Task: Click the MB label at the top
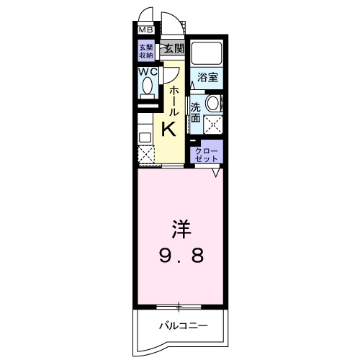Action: coord(145,30)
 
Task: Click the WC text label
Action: coord(147,72)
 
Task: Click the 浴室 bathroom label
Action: coord(208,77)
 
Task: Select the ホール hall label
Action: coord(173,101)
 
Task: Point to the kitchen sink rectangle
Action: coord(145,133)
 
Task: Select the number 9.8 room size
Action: coord(180,255)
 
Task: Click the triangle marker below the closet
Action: coord(215,172)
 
